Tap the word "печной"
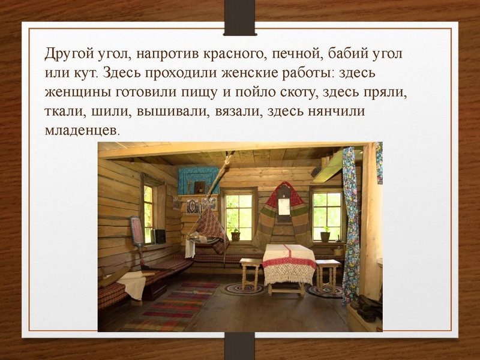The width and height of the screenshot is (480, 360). [x=296, y=55]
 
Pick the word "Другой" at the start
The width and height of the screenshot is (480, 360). [x=67, y=55]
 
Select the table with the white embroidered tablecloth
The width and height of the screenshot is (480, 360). [x=289, y=264]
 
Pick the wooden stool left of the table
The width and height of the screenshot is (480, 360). [x=250, y=274]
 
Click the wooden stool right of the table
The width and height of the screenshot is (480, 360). [x=328, y=273]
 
